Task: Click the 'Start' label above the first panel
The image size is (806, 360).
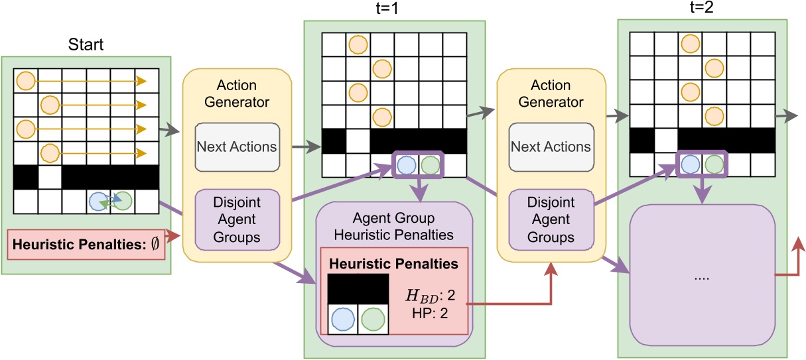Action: click(86, 46)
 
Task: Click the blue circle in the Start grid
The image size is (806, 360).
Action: click(98, 200)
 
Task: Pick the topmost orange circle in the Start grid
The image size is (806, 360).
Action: click(25, 81)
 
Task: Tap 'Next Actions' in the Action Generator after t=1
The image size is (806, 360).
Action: click(551, 147)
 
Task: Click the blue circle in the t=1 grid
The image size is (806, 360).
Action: click(407, 163)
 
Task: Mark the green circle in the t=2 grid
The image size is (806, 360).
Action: click(714, 163)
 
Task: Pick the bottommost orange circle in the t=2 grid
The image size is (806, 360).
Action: click(714, 115)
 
